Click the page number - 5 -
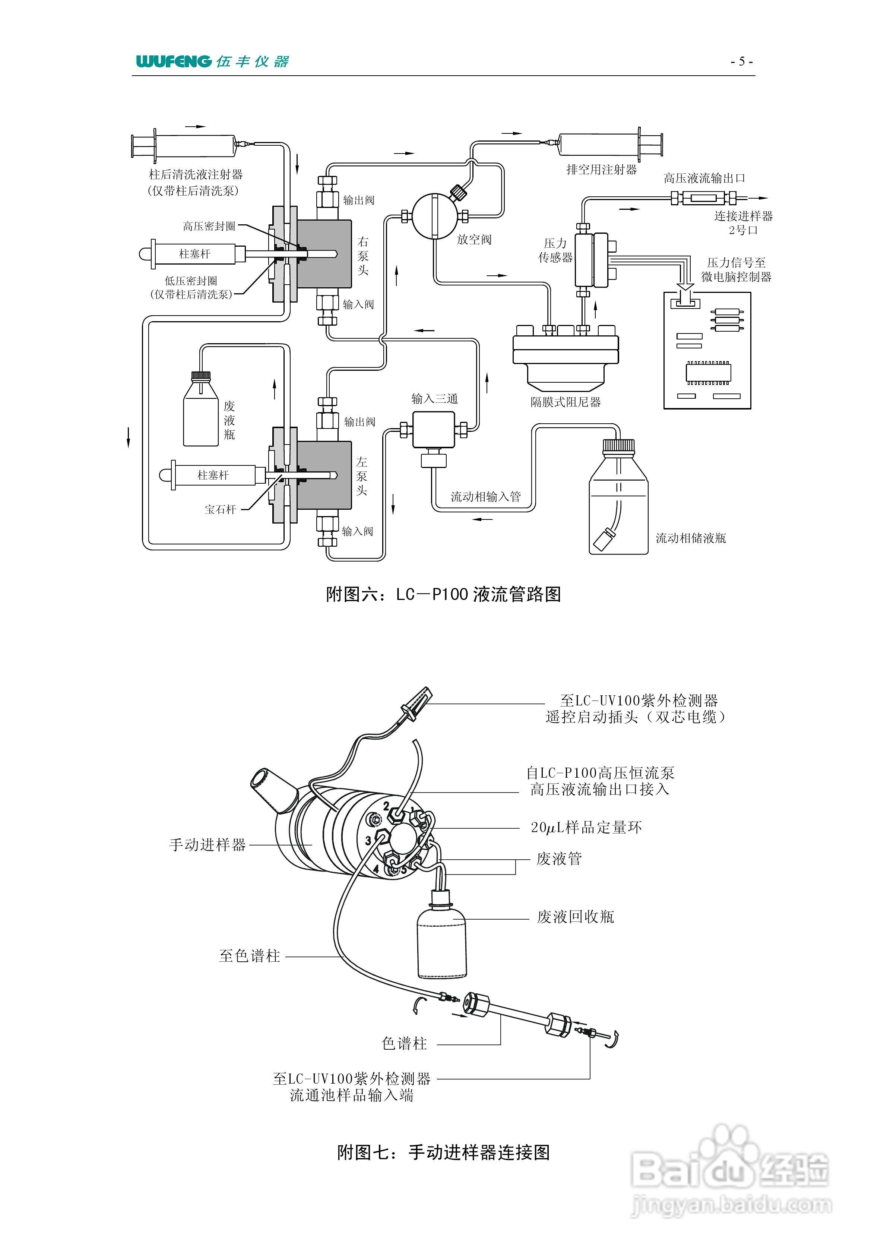(742, 61)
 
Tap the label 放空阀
(474, 240)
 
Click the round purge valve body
(434, 216)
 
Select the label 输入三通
(434, 398)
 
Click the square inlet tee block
(433, 430)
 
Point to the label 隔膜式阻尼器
(566, 402)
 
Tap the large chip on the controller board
(708, 372)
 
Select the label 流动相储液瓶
(691, 538)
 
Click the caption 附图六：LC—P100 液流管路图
(443, 594)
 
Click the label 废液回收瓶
(576, 917)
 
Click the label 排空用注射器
(601, 170)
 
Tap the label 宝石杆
(220, 509)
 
